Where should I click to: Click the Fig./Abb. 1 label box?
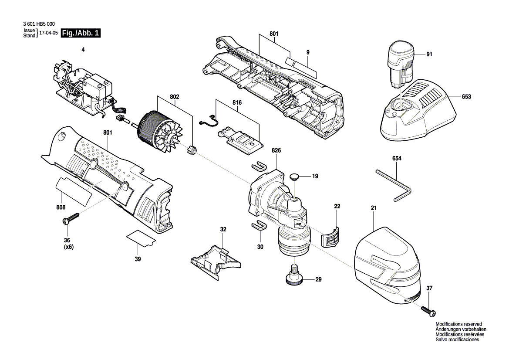81,33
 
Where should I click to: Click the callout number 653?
466,97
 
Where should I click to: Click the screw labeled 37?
429,310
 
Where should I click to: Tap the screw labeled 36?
71,219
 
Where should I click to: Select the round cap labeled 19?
295,177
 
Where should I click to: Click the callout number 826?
276,150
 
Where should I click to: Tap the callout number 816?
237,102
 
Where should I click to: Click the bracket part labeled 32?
215,260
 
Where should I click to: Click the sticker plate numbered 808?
73,190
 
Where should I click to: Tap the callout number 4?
83,50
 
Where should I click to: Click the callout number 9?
307,52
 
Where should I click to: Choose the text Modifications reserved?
458,324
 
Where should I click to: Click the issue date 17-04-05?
48,33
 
